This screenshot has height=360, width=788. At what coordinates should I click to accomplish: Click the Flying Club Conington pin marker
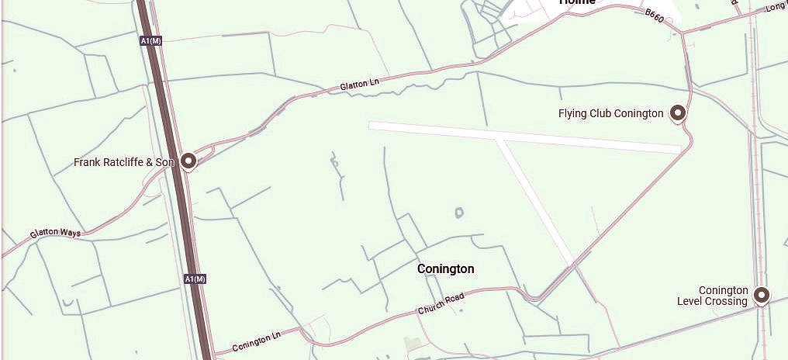[678, 113]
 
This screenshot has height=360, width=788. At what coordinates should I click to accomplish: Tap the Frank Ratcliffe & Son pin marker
[188, 161]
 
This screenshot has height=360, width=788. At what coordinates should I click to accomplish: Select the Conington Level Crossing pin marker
[762, 295]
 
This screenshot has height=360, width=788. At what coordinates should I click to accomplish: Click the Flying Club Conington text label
[610, 114]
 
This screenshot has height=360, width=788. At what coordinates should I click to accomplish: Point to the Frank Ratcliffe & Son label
[124, 162]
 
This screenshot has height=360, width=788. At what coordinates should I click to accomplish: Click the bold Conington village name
[445, 269]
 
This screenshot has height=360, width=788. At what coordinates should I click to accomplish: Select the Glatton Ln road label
[359, 85]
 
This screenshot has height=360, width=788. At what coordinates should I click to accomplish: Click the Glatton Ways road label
[55, 232]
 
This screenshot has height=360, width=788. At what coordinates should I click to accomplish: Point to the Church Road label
[441, 303]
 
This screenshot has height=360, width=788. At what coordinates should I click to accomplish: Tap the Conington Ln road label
[256, 340]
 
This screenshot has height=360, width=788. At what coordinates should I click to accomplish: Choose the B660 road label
[654, 16]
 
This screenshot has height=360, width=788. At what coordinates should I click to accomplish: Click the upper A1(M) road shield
[151, 40]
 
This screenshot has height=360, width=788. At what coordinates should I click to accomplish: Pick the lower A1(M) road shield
[195, 278]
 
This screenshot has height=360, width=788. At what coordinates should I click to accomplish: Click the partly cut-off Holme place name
[578, 3]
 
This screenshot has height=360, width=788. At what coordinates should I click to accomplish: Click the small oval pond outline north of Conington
[459, 212]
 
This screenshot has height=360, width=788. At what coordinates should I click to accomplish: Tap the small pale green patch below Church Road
[413, 344]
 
